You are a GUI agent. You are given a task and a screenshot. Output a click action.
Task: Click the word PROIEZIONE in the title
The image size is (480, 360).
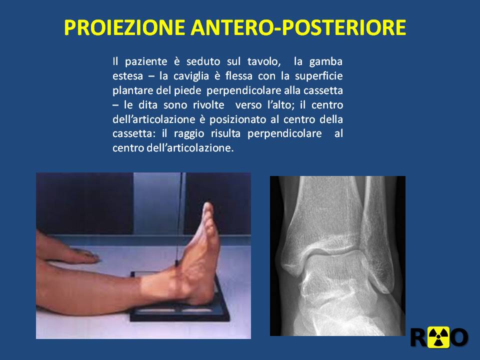tap(124, 27)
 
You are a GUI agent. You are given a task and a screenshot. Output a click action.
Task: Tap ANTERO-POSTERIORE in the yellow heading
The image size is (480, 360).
tap(298, 27)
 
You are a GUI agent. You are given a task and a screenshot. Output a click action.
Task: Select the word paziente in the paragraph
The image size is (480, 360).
tap(146, 62)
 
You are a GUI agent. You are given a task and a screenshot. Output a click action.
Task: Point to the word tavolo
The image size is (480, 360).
tap(264, 62)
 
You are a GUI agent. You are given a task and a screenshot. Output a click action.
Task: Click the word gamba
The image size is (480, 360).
tap(325, 62)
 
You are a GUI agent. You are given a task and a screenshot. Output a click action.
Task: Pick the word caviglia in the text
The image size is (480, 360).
tap(191, 76)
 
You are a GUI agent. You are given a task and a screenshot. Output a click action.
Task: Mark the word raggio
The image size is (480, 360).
tap(189, 134)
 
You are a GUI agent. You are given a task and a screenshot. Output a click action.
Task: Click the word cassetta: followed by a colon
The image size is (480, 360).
tap(134, 134)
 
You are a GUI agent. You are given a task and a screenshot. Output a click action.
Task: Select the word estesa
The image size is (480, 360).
tap(127, 76)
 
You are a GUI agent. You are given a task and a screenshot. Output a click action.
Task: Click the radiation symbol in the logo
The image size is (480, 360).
tap(438, 337)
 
